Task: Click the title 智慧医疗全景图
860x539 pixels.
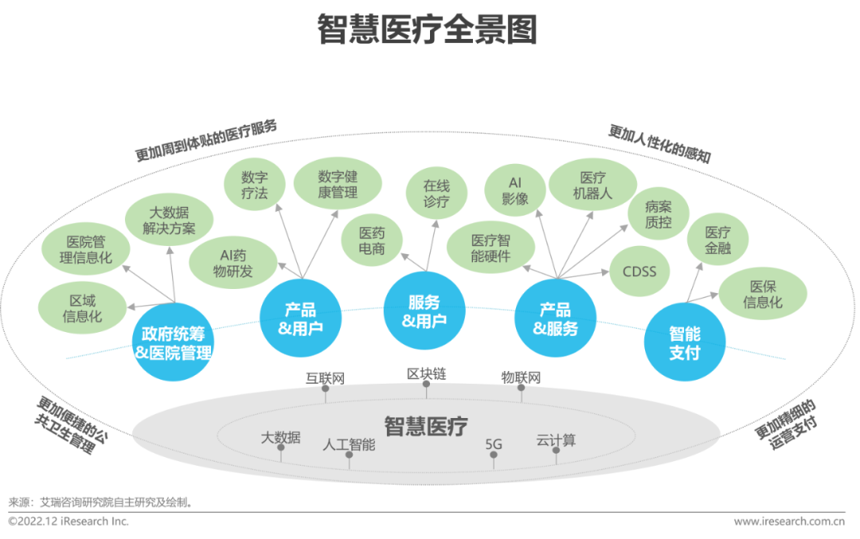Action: click(427, 29)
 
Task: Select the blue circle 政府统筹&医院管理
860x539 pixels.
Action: click(174, 342)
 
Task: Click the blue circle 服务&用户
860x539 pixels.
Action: click(424, 311)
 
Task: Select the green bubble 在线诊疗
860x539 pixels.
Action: click(437, 193)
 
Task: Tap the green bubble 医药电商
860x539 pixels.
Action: click(372, 241)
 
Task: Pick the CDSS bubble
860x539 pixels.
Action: click(639, 271)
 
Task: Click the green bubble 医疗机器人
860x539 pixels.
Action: click(593, 186)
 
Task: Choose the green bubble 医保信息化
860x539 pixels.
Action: click(763, 294)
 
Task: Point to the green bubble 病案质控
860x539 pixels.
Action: click(659, 214)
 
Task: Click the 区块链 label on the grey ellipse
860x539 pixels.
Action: click(426, 373)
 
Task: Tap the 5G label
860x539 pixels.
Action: click(494, 443)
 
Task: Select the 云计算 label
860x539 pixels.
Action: click(556, 439)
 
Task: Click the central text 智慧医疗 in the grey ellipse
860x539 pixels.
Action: click(426, 426)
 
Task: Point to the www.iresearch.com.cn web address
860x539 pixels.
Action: click(788, 521)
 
